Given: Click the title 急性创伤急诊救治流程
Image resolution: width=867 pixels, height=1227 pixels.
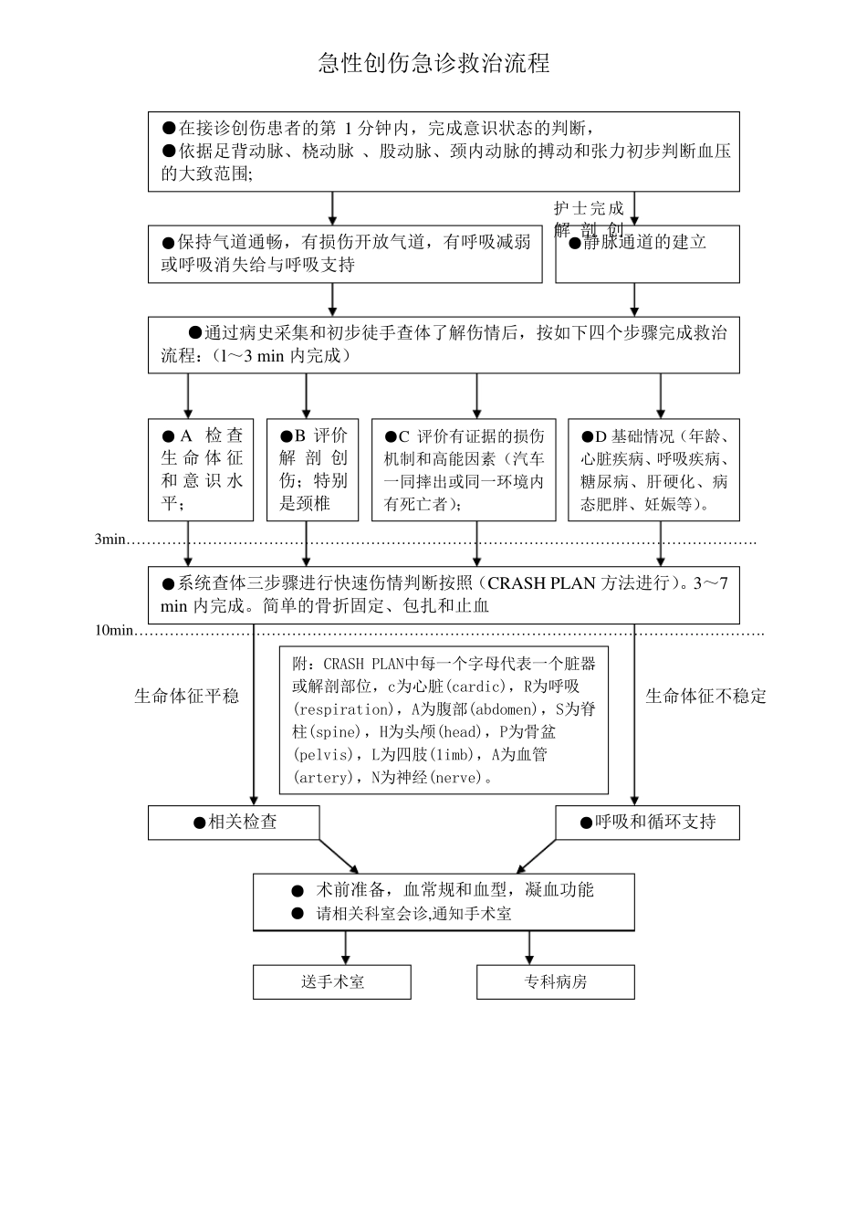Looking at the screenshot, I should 433,63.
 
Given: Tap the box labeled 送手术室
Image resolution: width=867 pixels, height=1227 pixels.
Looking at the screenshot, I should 331,982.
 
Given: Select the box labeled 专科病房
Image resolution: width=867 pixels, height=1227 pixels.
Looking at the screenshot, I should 555,982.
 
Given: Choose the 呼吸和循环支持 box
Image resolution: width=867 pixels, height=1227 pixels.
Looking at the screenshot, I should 647,823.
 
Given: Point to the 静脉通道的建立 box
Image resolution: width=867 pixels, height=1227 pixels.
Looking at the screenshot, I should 647,254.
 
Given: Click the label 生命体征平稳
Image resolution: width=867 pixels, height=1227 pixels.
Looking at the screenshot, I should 186,697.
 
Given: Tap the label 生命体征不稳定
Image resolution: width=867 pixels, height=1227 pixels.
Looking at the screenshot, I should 705,697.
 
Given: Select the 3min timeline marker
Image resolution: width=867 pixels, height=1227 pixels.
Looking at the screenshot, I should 110,540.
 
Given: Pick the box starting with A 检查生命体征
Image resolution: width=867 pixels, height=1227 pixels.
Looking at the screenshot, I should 201,469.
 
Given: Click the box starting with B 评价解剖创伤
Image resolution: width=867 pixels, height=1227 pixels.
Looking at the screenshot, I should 312,469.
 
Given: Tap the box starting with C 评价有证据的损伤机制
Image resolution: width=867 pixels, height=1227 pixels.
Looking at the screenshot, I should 464,469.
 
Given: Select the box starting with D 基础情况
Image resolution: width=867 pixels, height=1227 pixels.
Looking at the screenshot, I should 653,469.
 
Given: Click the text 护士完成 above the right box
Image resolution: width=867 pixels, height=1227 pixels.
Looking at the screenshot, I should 589,208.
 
